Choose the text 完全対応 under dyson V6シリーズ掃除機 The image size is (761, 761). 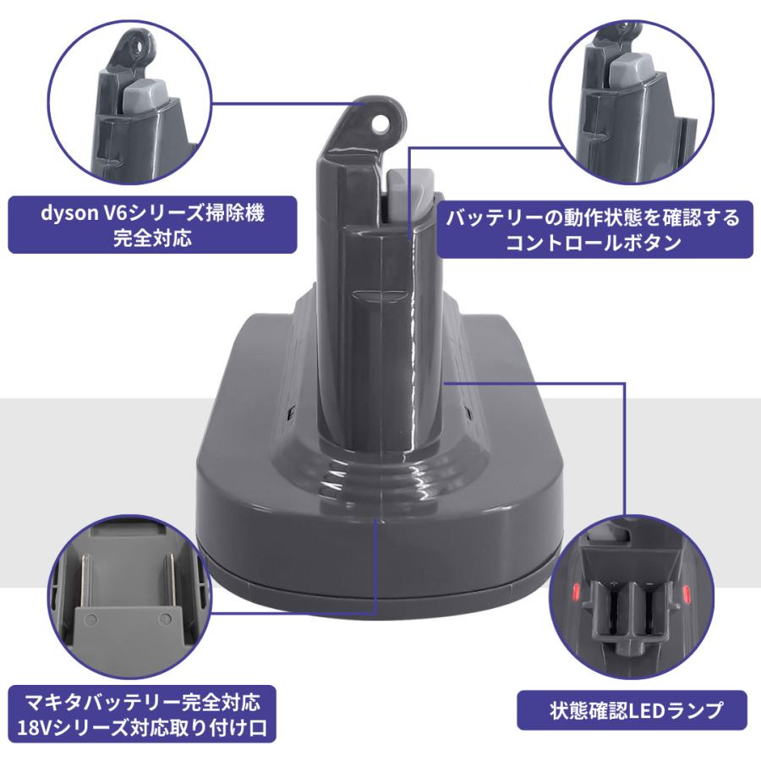coord(152,238)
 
